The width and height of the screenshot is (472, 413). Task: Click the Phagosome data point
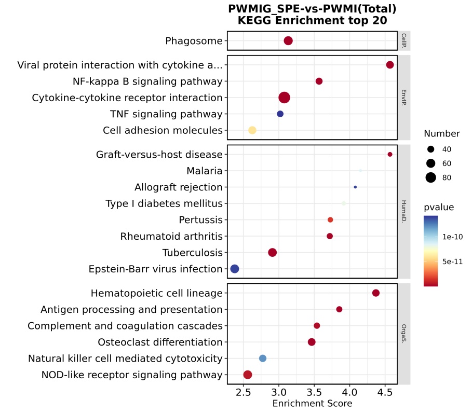tap(288, 40)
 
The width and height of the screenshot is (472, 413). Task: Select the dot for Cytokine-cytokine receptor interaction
tap(284, 98)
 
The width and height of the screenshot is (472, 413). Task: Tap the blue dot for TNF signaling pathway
tap(280, 114)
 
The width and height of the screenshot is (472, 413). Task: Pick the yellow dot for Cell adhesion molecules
tap(252, 130)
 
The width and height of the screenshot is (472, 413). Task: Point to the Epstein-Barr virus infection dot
tap(235, 269)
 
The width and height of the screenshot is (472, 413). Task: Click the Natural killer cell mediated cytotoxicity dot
tap(263, 358)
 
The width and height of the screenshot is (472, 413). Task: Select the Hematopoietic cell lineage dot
tap(376, 293)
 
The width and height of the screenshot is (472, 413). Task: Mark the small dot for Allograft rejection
tap(355, 187)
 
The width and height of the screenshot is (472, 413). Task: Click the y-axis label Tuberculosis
tap(192, 253)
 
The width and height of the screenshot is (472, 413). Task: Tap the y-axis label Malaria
tap(204, 171)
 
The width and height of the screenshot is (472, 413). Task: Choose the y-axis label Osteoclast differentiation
tap(160, 342)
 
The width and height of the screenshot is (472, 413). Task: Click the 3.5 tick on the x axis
tap(315, 393)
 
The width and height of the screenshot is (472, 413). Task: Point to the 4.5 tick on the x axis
tap(385, 393)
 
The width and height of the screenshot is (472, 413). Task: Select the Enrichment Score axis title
tap(312, 404)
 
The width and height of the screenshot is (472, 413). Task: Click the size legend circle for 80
tap(430, 177)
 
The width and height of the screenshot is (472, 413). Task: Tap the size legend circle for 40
tap(430, 149)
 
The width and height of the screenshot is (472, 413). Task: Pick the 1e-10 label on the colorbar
tap(453, 237)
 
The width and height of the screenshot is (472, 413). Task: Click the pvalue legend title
tap(439, 208)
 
